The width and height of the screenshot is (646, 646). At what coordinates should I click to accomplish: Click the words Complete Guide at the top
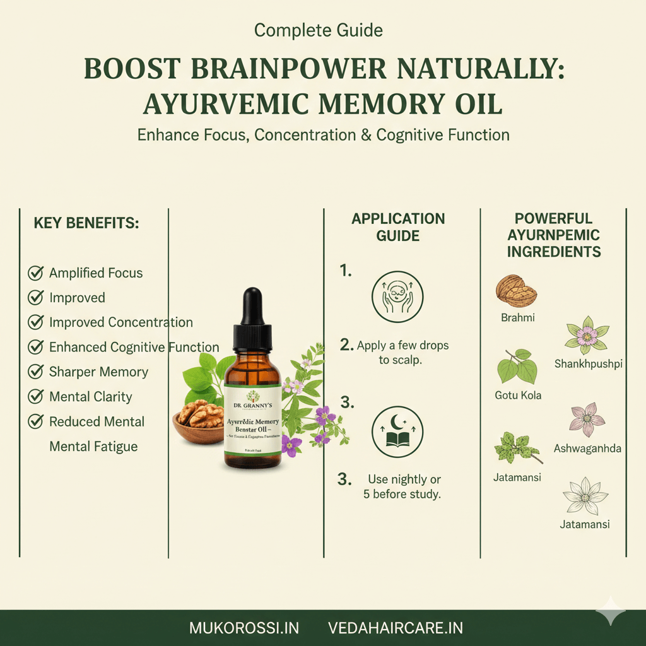tap(318, 30)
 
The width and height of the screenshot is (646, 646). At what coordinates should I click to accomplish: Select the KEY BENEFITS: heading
tap(86, 223)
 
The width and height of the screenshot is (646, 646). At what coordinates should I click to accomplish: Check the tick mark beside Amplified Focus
tap(35, 273)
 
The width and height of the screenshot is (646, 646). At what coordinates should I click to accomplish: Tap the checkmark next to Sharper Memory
tap(35, 372)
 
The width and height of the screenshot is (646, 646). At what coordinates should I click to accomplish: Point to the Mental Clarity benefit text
tap(90, 397)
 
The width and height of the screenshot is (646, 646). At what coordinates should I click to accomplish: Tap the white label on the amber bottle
tap(252, 422)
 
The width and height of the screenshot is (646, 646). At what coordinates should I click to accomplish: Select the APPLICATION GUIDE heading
tap(398, 227)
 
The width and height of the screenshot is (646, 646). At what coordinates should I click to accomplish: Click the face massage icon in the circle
tap(397, 297)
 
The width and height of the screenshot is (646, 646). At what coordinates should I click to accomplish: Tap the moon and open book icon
tap(397, 431)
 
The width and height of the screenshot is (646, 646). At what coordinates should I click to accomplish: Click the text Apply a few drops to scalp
tap(402, 352)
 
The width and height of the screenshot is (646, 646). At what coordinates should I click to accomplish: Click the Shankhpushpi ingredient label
tap(588, 363)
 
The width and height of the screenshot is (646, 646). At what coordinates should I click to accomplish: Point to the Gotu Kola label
tap(518, 396)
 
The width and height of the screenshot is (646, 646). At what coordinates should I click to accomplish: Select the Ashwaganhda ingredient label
tap(587, 449)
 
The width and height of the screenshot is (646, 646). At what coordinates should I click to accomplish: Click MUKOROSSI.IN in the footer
tap(244, 628)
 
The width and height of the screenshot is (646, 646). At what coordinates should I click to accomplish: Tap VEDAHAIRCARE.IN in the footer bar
tap(396, 628)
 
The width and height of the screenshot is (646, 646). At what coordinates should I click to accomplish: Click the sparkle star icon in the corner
tap(611, 611)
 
